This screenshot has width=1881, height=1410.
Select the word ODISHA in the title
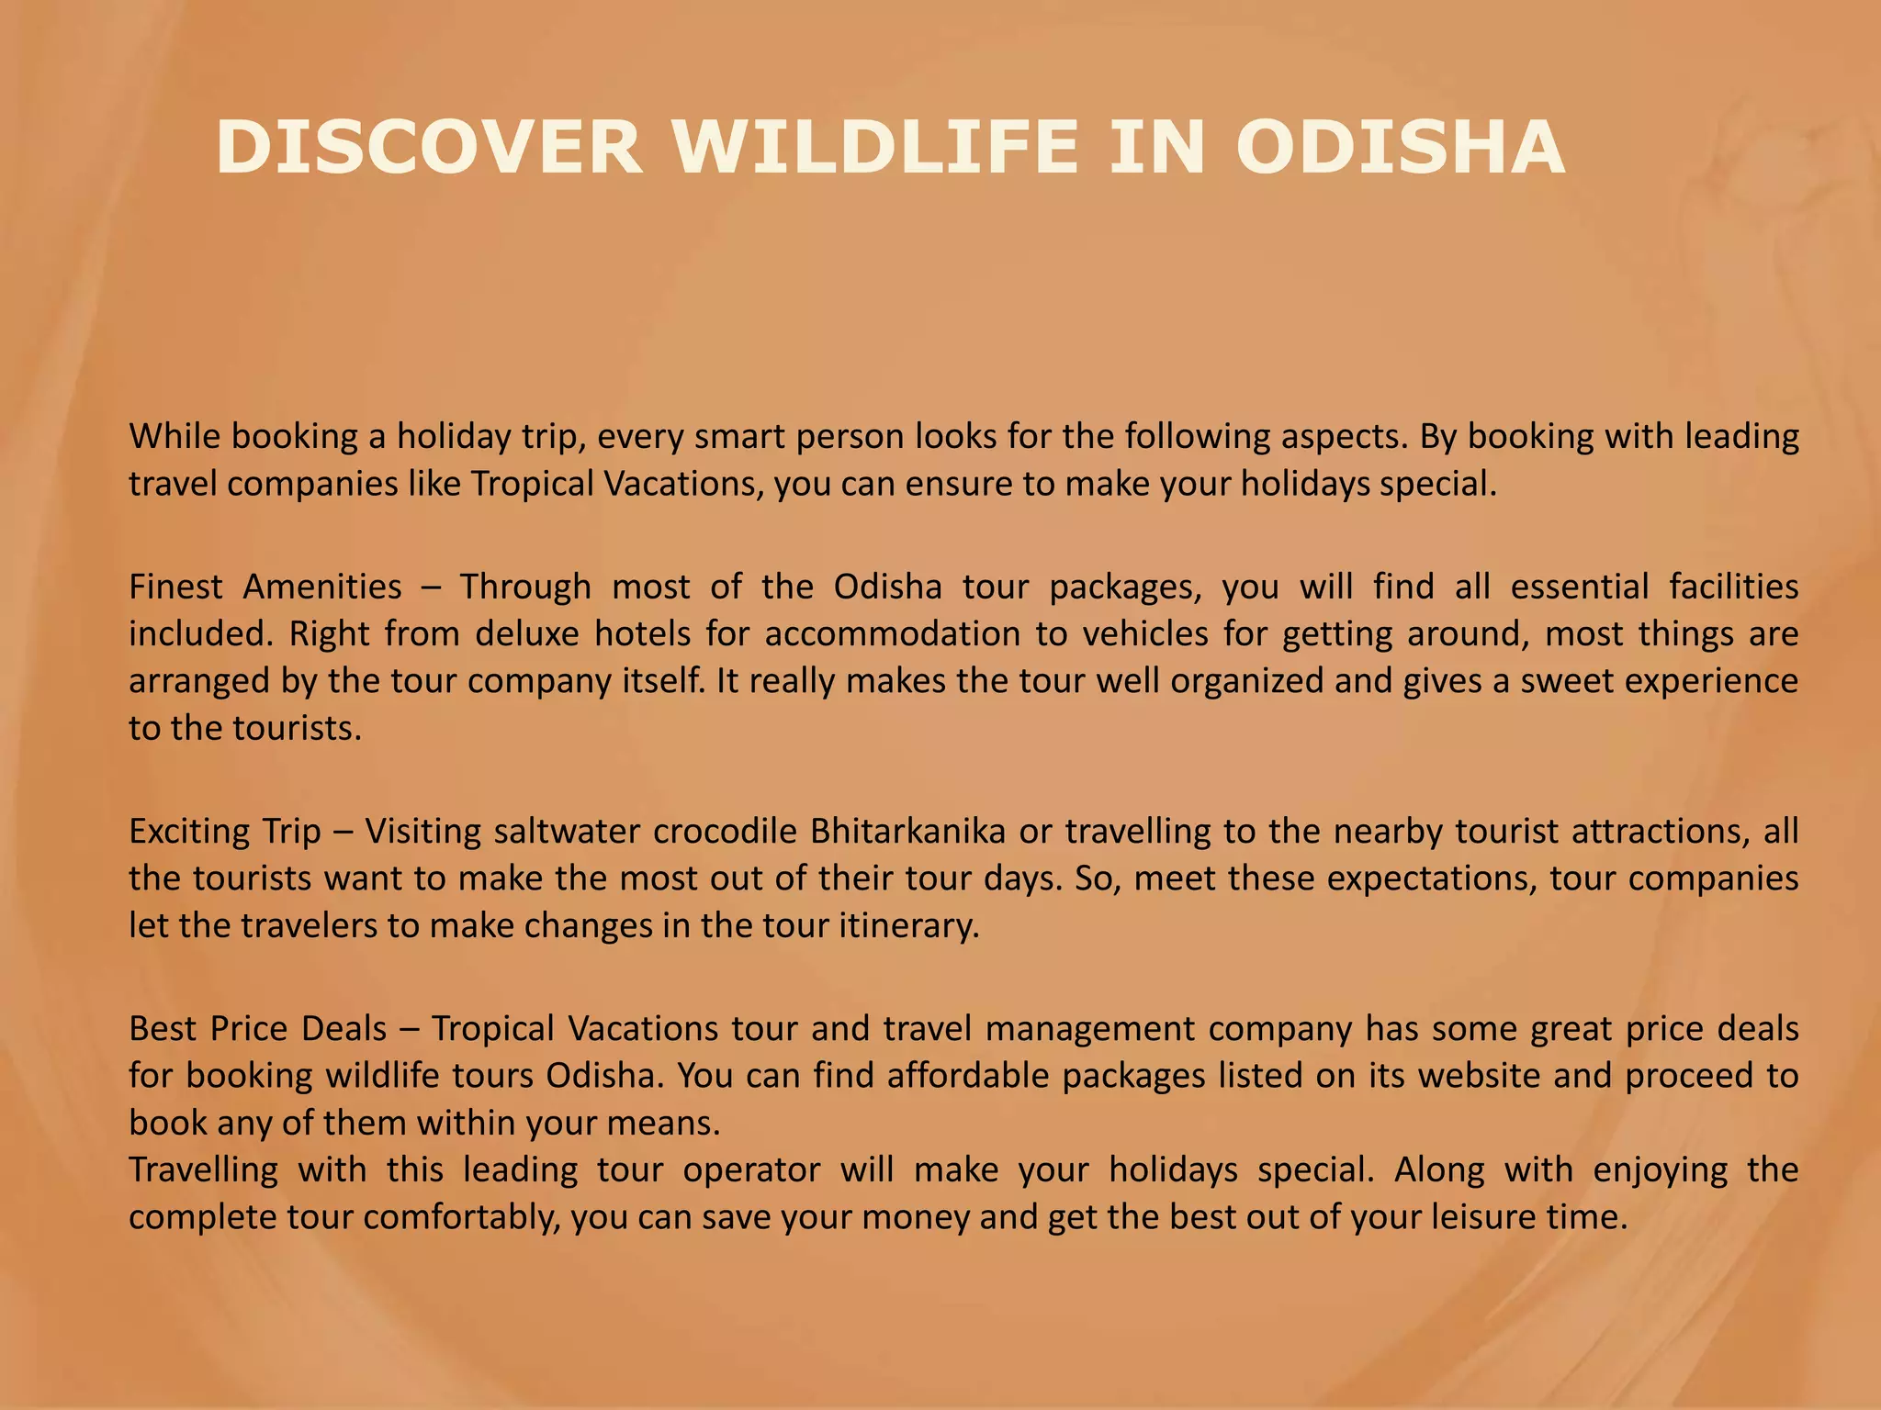1400,149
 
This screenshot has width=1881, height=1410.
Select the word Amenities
322,587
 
